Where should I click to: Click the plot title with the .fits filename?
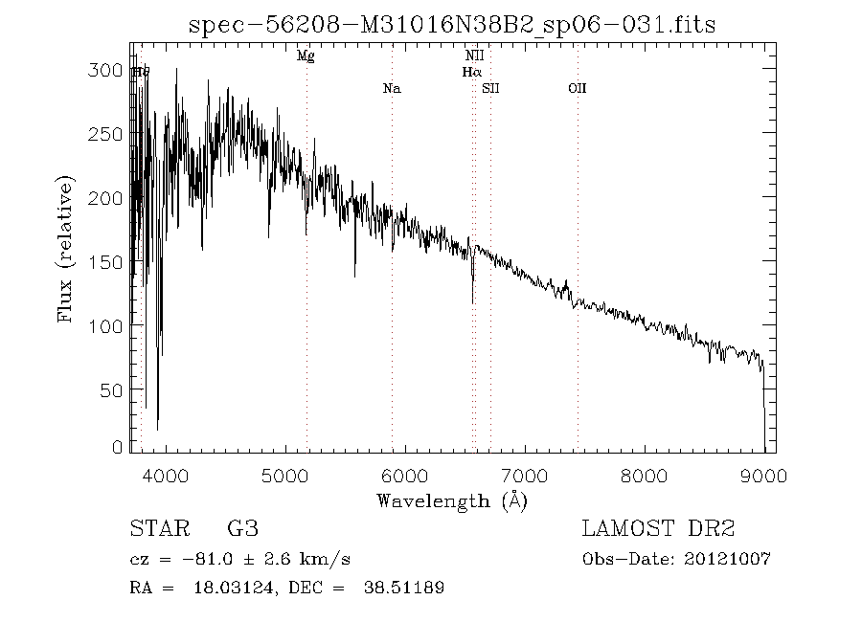click(452, 23)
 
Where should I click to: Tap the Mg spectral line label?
click(306, 56)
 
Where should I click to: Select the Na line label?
click(391, 89)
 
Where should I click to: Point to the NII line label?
click(473, 56)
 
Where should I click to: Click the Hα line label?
click(471, 72)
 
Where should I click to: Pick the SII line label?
click(491, 89)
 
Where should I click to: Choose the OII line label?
click(577, 89)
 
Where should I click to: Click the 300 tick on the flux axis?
click(111, 71)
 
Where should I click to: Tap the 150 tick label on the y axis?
click(111, 262)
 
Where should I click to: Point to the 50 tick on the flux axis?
click(115, 390)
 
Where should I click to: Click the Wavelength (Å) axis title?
click(452, 500)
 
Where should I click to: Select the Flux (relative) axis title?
click(66, 249)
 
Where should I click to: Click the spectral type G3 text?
click(242, 529)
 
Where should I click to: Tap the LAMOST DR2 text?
click(658, 529)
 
